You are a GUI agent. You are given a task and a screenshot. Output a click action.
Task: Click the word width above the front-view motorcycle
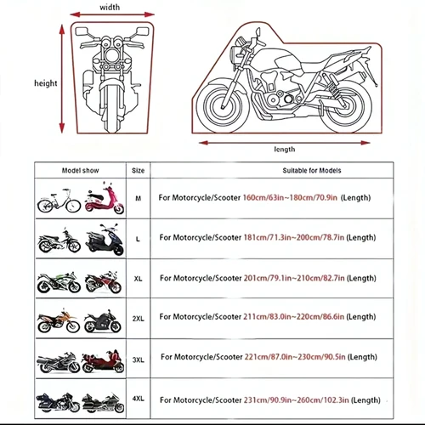tap(110, 7)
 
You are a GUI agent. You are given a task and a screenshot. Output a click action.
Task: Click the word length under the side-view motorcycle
tap(285, 149)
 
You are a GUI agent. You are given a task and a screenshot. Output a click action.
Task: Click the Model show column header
tap(81, 171)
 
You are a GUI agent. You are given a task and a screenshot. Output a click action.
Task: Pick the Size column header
tap(139, 171)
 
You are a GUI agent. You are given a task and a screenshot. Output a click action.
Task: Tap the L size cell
tap(139, 241)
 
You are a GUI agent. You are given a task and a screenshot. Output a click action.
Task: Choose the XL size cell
tap(139, 278)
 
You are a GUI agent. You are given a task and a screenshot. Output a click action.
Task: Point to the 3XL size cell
tap(139, 358)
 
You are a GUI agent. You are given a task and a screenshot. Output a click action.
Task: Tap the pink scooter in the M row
tap(104, 202)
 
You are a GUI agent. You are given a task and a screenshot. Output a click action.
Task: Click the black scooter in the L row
tap(103, 241)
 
